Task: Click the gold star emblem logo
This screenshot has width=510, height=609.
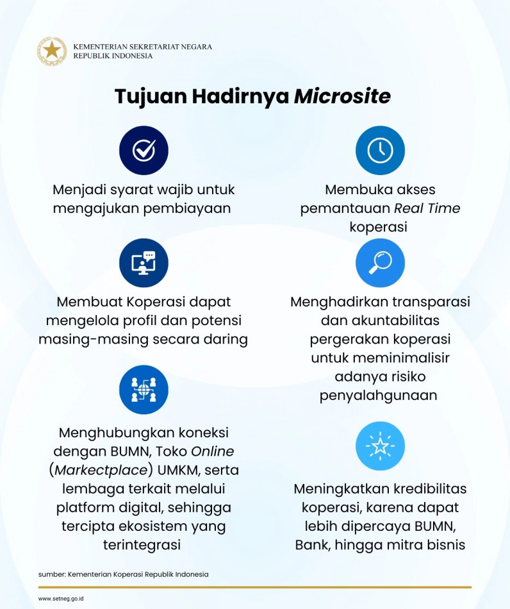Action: point(52,51)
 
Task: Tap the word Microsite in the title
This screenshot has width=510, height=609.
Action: point(342,96)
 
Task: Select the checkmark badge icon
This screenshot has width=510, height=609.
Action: point(144,151)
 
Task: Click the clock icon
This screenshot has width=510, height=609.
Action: point(380,151)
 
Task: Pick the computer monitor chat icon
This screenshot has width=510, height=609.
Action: point(144,263)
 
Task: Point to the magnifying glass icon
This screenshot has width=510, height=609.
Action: point(380,263)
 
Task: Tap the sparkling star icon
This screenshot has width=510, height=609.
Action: point(380,446)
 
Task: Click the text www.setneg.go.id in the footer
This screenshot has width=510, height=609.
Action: point(62,599)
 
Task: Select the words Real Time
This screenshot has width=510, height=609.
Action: point(427,208)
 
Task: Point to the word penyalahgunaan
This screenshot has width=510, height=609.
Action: point(379,395)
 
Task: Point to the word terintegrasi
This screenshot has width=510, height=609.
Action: point(142,545)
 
